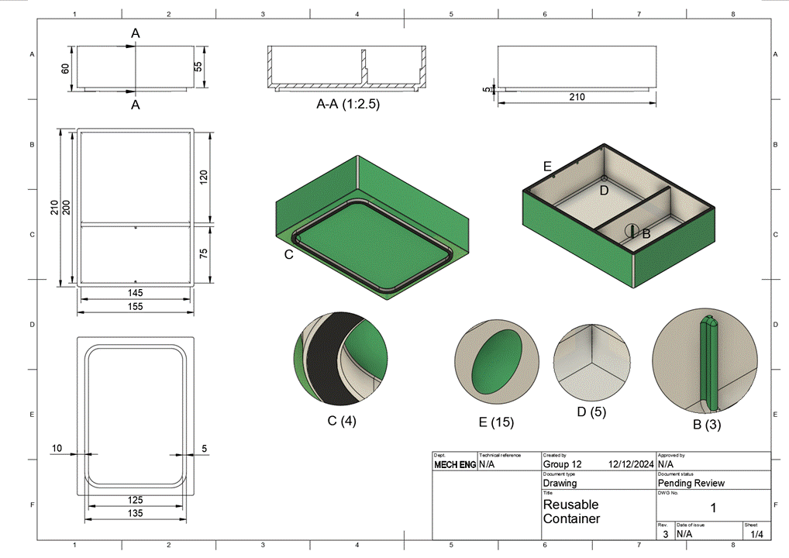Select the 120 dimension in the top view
pos(204,176)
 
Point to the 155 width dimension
pos(136,306)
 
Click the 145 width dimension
pos(136,292)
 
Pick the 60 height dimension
pos(66,68)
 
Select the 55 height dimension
pos(198,67)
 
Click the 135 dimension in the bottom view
pos(136,513)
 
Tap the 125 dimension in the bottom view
pos(136,500)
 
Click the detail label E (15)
pos(495,422)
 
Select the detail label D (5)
pos(592,412)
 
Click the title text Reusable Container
pos(571,511)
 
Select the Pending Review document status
pos(691,483)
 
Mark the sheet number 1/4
pos(756,534)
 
